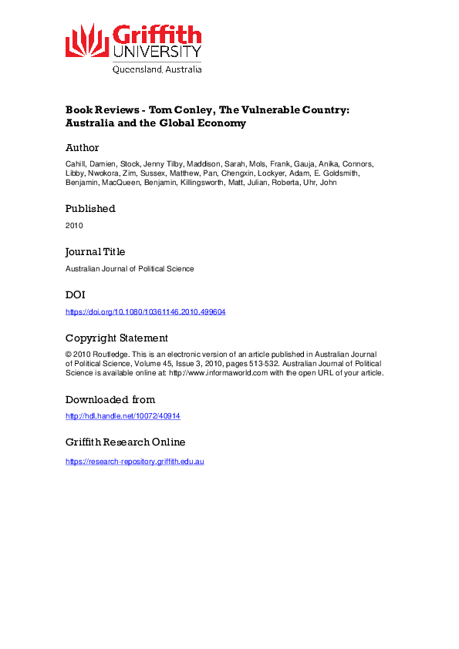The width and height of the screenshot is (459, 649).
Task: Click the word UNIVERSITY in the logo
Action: (x=157, y=52)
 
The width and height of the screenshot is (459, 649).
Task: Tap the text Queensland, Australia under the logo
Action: (x=157, y=69)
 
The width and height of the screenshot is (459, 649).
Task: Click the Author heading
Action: (x=82, y=147)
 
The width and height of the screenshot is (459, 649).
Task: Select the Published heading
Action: (x=89, y=208)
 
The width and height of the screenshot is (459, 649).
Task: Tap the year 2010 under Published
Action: (x=74, y=225)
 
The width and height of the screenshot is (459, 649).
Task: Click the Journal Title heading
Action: (x=95, y=251)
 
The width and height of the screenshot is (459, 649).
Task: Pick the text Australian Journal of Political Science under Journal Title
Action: (x=130, y=268)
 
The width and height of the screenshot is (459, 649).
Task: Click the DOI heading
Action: (x=75, y=294)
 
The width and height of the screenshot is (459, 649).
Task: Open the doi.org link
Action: (x=145, y=311)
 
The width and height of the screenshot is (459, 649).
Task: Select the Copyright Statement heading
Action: (x=116, y=338)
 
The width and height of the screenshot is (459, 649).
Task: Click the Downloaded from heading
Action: (x=110, y=399)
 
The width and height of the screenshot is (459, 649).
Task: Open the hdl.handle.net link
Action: (x=123, y=416)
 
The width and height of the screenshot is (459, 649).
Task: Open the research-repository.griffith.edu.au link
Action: (x=134, y=461)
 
